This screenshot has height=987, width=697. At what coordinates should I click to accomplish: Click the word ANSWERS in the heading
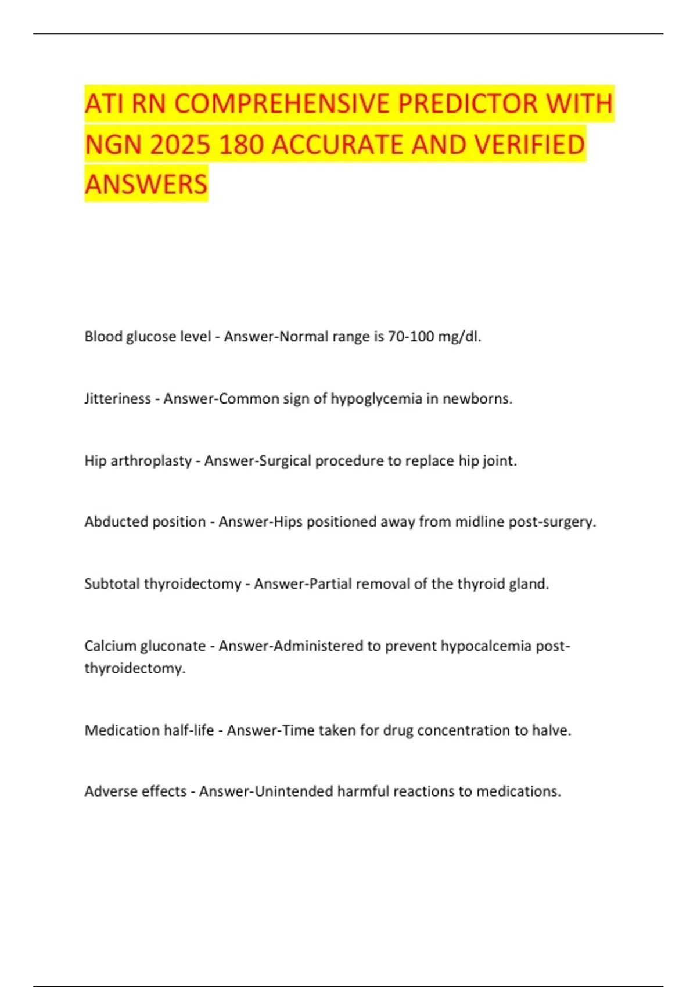pos(146,184)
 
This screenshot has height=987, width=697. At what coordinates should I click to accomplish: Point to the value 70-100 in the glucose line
pos(411,337)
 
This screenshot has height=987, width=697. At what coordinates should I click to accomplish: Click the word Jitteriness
pos(117,399)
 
